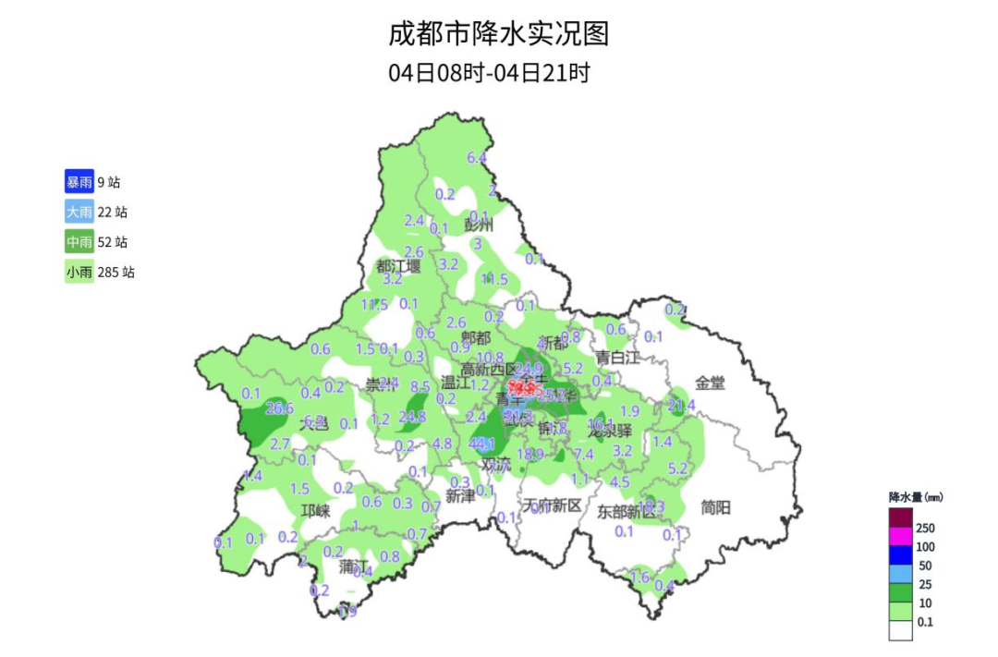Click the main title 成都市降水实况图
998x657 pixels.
click(x=499, y=35)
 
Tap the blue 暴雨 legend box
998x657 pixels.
click(x=79, y=182)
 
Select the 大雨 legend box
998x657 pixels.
click(x=79, y=213)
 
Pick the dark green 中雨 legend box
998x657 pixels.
click(x=79, y=242)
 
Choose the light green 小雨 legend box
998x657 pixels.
click(x=79, y=273)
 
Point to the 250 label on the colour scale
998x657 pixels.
click(x=925, y=528)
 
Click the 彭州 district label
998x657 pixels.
click(x=480, y=225)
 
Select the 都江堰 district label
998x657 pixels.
click(x=398, y=266)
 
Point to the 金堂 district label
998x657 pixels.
click(x=711, y=383)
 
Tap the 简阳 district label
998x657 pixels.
click(x=715, y=506)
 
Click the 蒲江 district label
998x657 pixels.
click(x=353, y=565)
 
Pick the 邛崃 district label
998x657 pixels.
click(x=315, y=510)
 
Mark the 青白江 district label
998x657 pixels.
click(x=616, y=358)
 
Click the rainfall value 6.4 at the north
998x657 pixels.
click(x=477, y=158)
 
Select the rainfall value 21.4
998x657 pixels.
click(x=681, y=405)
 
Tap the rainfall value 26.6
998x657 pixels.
click(x=280, y=408)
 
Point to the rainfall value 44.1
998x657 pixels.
click(x=482, y=444)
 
